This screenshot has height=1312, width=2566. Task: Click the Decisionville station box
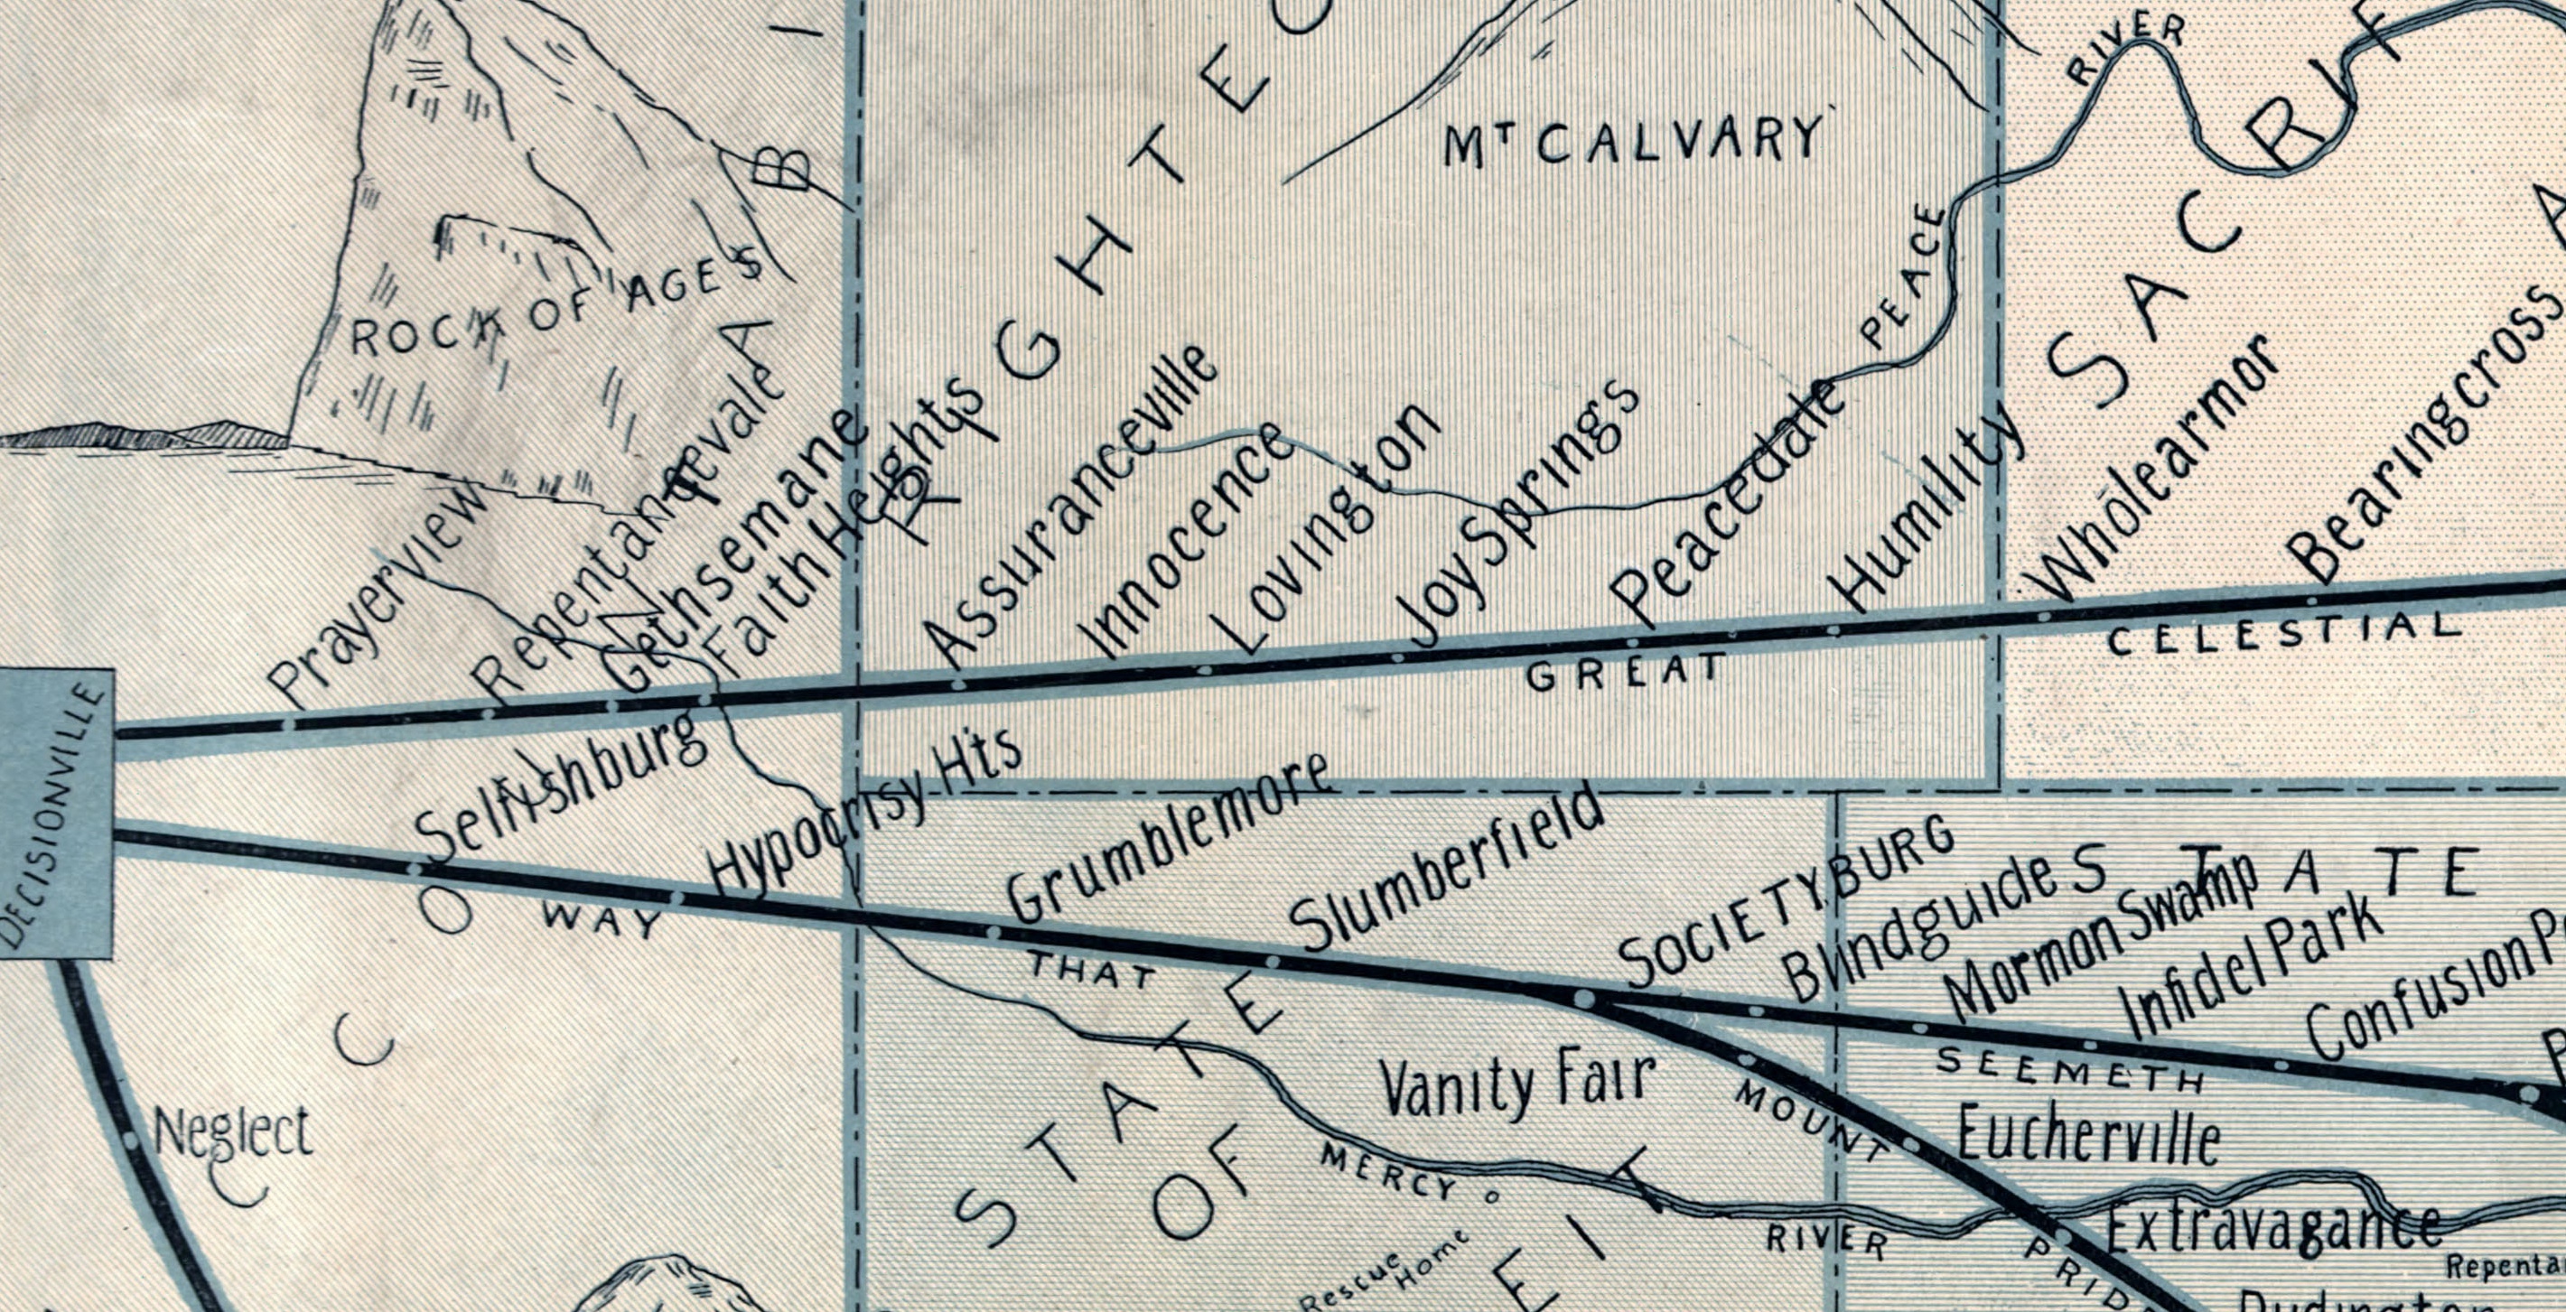coord(55,812)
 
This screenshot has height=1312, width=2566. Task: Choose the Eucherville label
coord(2088,1135)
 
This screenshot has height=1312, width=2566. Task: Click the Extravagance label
coord(2273,1227)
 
